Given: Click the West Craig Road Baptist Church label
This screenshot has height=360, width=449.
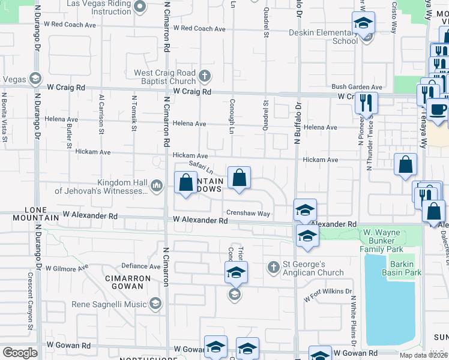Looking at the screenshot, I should [164, 77].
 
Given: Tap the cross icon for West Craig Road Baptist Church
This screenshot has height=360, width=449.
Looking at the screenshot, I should [204, 76].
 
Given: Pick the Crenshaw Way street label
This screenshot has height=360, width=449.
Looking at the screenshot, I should [248, 213].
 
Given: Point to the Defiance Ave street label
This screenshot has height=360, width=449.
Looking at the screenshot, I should [141, 266].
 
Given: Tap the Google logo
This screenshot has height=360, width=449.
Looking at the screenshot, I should [20, 353].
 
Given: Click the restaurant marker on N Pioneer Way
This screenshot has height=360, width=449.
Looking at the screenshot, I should [366, 103].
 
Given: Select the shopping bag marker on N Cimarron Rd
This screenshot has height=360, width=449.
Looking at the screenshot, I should [186, 182].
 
